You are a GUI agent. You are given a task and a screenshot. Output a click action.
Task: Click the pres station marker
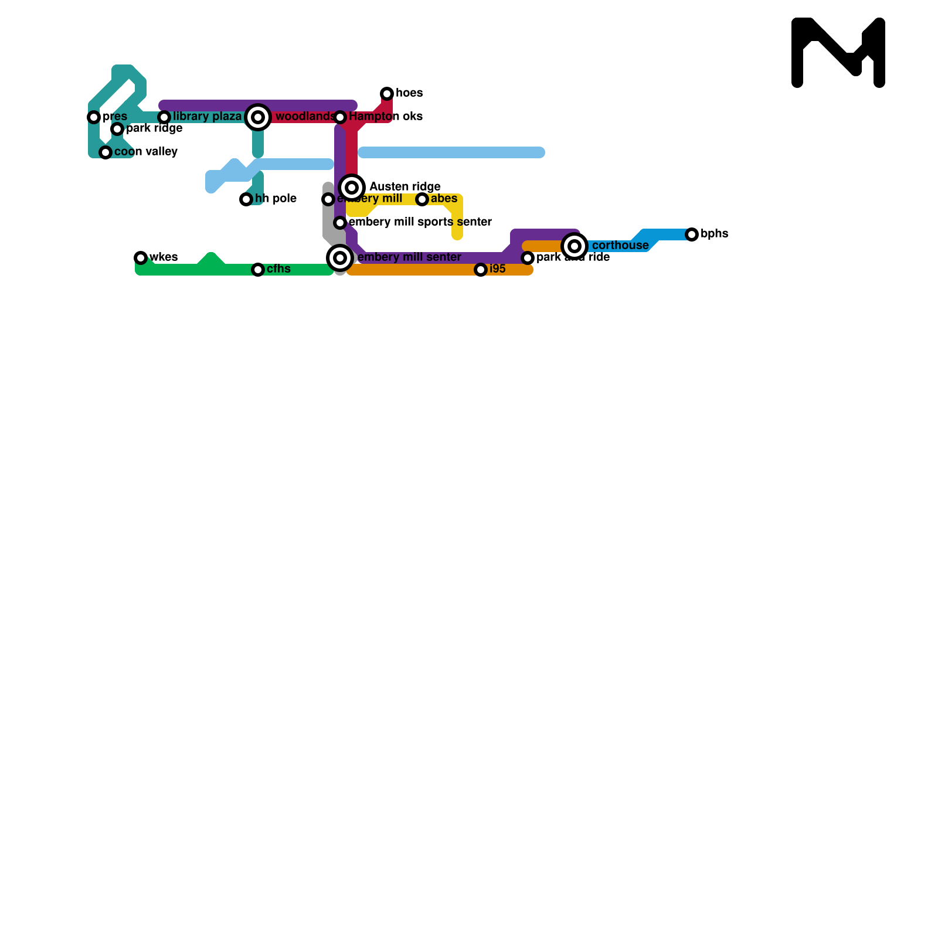point(94,117)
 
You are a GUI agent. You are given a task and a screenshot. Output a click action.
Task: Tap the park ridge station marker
point(117,129)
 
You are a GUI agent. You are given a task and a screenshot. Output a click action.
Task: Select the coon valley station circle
point(106,152)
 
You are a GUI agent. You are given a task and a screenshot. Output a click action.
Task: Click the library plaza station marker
point(164,117)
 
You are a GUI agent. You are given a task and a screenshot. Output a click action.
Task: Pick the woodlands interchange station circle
point(258,117)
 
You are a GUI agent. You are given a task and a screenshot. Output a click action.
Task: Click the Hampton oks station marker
point(340,117)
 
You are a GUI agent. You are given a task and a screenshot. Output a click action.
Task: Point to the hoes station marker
point(387,94)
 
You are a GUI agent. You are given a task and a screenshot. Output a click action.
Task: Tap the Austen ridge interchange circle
point(352,188)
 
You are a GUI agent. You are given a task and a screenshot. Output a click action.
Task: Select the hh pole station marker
point(246,199)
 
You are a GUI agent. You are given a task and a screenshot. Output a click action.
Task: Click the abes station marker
point(422,199)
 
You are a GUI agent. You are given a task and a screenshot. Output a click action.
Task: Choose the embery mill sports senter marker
point(340,223)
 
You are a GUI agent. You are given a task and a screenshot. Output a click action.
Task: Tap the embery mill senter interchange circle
point(340,258)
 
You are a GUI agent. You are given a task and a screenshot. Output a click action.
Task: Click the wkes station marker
point(141,258)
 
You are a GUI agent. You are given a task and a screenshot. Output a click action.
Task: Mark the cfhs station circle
point(258,270)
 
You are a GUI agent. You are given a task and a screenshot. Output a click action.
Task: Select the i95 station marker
point(481,270)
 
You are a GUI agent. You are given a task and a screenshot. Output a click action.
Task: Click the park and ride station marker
point(528,258)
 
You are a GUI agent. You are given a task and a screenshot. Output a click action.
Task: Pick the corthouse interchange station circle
point(575,246)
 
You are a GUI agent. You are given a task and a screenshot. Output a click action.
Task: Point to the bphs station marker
point(692,235)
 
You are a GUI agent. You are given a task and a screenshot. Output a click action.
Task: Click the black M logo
point(838,53)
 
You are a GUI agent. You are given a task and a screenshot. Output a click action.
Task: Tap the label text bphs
point(714,234)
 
